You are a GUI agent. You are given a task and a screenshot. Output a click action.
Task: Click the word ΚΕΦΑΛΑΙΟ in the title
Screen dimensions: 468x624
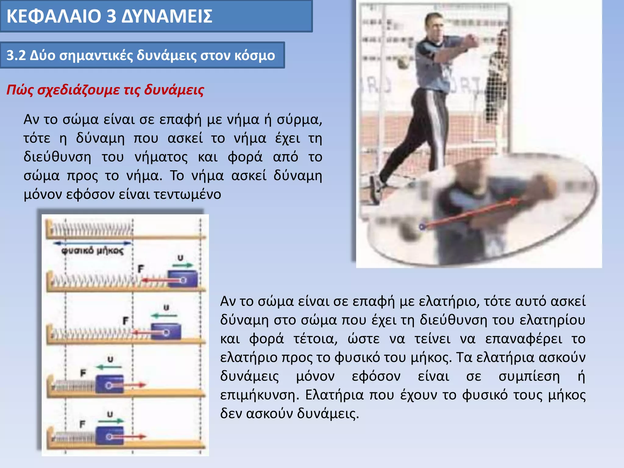click(x=54, y=16)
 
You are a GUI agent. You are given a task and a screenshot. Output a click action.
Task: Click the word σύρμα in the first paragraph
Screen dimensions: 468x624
click(x=299, y=119)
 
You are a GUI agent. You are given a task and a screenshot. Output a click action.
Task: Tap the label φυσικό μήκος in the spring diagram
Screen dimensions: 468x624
click(x=92, y=251)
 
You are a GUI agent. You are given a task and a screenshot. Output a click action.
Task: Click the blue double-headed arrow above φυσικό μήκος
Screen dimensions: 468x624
click(x=92, y=243)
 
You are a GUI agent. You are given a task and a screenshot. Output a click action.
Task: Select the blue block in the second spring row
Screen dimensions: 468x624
click(x=183, y=279)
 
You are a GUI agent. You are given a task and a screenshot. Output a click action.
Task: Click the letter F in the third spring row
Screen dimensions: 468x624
click(x=126, y=321)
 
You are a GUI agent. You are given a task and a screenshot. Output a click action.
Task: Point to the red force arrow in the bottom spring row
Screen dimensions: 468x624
click(x=134, y=437)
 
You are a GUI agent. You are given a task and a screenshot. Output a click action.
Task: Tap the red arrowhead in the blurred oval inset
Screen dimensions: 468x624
click(x=514, y=201)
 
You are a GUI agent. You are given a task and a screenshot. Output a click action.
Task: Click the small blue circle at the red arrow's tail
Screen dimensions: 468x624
click(x=422, y=227)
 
